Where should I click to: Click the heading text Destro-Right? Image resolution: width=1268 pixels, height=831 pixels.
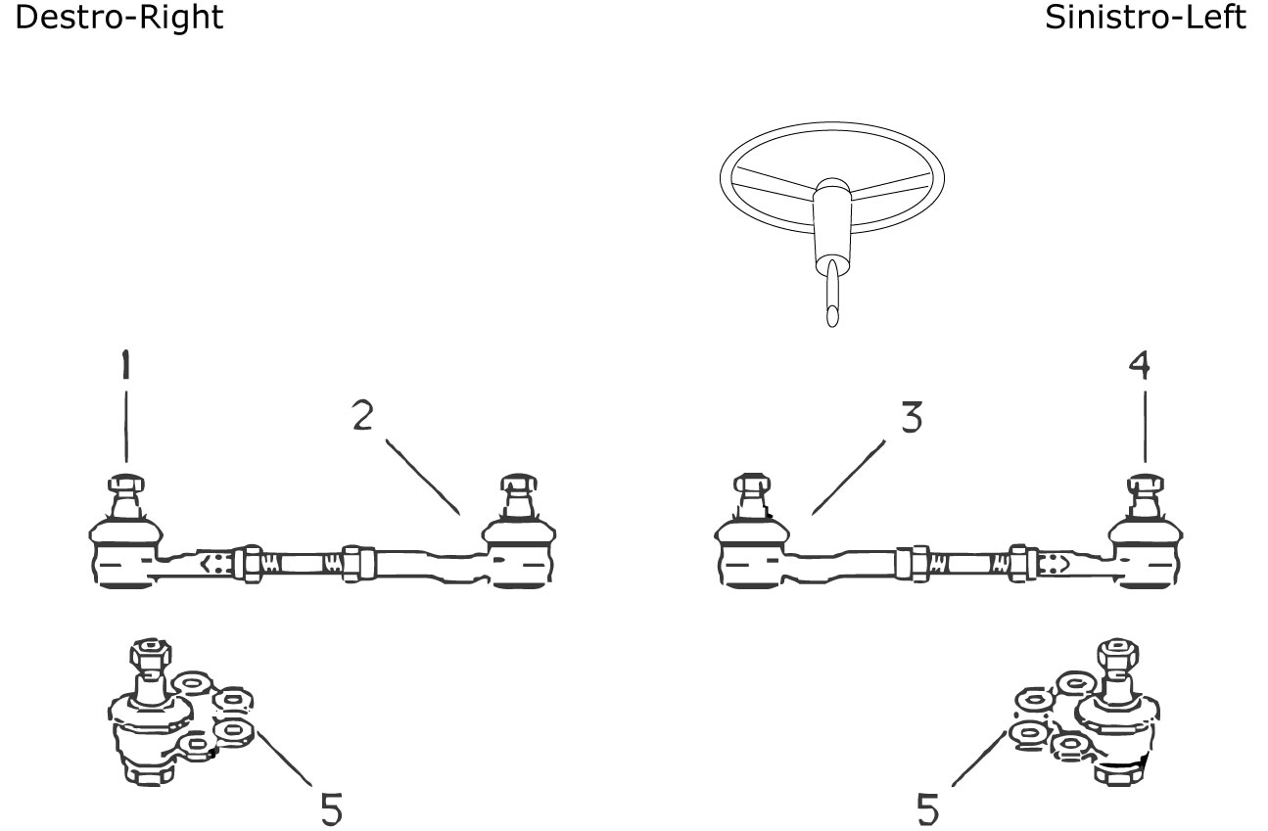(119, 18)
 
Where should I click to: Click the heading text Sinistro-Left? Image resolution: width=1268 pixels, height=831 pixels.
(1146, 18)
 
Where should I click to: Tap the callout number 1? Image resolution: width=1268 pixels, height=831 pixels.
(125, 364)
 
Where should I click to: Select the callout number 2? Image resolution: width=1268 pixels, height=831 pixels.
(363, 415)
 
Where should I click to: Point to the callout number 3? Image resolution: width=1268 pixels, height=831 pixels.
(912, 417)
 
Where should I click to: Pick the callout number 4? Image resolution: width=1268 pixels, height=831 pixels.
(1140, 364)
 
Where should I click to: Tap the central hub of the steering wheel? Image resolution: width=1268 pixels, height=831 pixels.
(832, 191)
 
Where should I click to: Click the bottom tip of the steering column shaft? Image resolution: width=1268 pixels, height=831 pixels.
(832, 325)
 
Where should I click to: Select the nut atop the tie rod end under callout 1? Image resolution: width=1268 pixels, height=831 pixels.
(125, 484)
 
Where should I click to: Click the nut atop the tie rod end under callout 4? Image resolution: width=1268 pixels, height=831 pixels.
(1146, 484)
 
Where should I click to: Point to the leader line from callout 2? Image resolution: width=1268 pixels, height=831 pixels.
(423, 477)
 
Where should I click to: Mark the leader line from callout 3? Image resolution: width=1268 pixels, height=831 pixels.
(849, 478)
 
